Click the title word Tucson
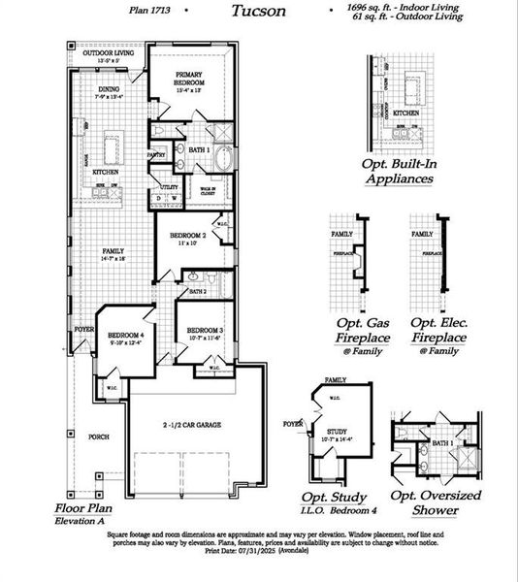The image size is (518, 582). coord(258,11)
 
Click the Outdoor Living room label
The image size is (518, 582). coord(108,54)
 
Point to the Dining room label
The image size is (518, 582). coord(107,89)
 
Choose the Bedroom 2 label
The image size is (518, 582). coord(189,236)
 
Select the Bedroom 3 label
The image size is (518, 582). coord(205,330)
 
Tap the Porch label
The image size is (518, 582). coord(98,437)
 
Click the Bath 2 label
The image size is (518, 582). coord(198,291)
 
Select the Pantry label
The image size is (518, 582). coord(156,154)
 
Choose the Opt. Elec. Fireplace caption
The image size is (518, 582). coord(438,330)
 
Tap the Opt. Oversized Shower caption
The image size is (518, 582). coord(436,501)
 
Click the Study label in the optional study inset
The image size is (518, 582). coord(336,432)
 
